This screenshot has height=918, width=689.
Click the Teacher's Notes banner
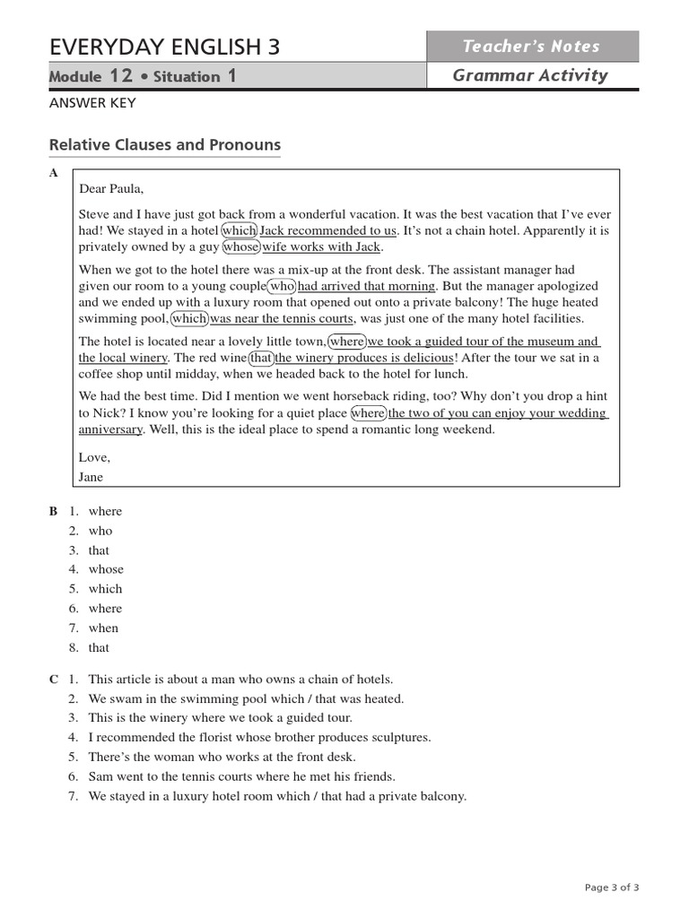point(532,47)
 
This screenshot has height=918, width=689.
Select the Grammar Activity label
point(530,75)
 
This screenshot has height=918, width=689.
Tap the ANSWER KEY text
point(92,103)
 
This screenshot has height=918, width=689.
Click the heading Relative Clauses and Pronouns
point(164,144)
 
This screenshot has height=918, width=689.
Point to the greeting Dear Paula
point(111,188)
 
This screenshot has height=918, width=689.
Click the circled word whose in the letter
point(240,247)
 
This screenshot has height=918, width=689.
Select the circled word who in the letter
point(282,286)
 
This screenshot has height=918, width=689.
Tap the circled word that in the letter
point(261,358)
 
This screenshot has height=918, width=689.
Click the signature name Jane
point(92,477)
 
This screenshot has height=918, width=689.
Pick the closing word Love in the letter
point(93,457)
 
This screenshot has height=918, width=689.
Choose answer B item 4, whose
point(106,569)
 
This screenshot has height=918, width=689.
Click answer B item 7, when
point(103,628)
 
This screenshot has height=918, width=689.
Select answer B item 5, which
point(105,589)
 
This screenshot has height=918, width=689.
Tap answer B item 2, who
point(100,531)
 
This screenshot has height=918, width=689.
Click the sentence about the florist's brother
point(259,737)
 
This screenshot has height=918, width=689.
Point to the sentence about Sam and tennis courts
point(241,776)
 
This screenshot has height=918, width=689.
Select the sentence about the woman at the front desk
point(222,757)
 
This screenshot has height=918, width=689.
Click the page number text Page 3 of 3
point(612,888)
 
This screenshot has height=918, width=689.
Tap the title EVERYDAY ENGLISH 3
point(164,47)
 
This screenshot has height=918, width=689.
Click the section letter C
point(54,680)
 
